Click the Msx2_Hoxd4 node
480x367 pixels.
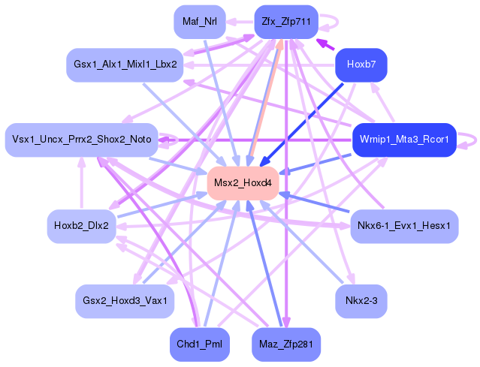243,183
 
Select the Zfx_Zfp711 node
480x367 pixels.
286,21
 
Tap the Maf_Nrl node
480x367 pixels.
199,21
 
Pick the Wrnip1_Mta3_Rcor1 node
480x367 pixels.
403,140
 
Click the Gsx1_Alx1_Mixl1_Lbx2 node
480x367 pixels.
125,65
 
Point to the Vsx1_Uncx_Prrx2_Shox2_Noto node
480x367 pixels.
81,140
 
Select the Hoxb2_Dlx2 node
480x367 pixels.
81,224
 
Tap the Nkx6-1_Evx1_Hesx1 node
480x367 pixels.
403,224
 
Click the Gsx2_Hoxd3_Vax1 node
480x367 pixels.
125,300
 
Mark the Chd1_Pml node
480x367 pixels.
199,344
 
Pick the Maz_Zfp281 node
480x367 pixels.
286,344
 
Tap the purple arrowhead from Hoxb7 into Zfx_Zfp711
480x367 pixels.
321,44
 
